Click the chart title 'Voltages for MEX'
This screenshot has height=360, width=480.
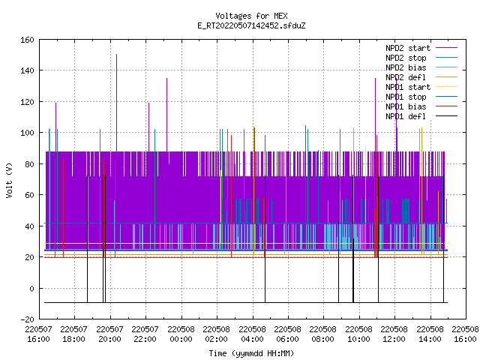251,16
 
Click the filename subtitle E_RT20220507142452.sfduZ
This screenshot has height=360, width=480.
251,25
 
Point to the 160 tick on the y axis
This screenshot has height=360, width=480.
27,40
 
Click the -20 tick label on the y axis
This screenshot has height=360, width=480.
27,319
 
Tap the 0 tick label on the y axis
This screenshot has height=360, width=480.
31,288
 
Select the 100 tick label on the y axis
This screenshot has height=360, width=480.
27,133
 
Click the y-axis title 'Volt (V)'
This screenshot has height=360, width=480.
9,180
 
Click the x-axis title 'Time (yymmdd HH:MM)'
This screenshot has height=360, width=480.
251,353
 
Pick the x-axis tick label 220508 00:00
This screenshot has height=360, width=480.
181,334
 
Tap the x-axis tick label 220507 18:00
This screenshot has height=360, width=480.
73,334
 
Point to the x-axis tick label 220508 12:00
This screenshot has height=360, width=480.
394,334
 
